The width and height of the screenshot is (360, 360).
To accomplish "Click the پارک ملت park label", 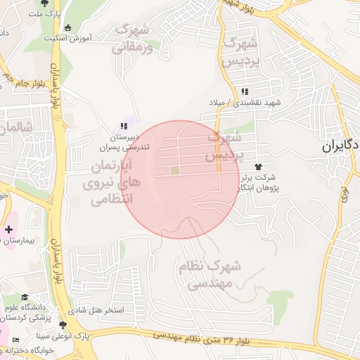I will click(50, 13).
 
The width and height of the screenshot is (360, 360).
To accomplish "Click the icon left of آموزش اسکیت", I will click(67, 28).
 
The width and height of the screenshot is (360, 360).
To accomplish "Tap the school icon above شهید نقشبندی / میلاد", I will click(244, 92).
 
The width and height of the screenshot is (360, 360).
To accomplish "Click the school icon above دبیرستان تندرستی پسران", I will click(124, 126).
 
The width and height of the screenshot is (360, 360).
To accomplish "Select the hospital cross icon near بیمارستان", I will click(8, 230).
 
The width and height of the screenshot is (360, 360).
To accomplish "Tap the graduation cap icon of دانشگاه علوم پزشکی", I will click(25, 297).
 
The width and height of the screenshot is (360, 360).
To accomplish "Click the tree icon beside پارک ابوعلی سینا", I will click(64, 325).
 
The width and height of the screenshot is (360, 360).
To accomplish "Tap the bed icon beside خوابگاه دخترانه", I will click(16, 340).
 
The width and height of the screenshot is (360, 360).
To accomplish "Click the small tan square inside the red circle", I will click(175, 169).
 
